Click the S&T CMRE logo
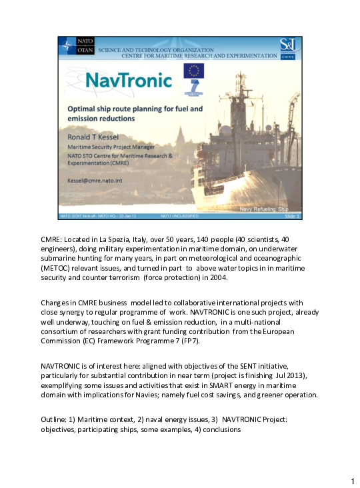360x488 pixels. (x=289, y=46)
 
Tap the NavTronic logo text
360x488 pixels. (x=120, y=80)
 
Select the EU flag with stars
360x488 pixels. (x=194, y=71)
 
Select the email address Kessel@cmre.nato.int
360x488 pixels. (x=96, y=180)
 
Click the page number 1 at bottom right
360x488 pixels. (x=352, y=481)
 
